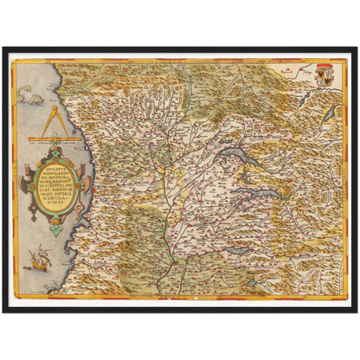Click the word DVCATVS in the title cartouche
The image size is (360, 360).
coord(51,172)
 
